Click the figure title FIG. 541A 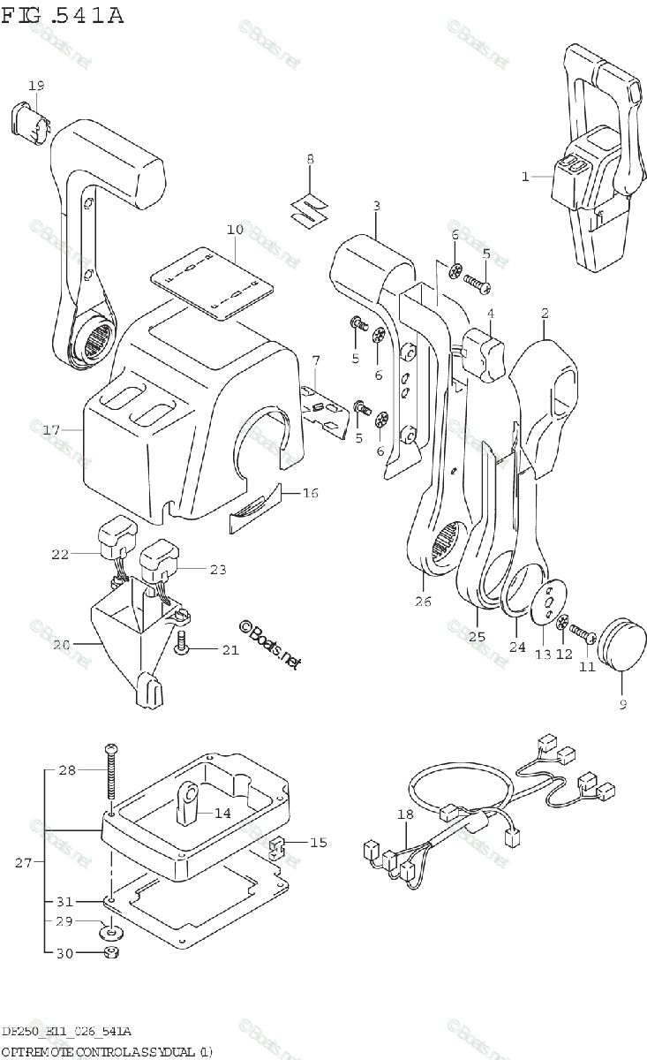coord(63,15)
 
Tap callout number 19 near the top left coord(35,86)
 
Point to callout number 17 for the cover coord(50,430)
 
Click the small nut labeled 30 coord(110,952)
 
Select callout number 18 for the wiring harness coord(404,816)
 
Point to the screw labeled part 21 coord(183,646)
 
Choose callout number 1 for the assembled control coord(524,177)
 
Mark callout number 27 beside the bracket coord(25,862)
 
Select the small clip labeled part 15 coord(275,848)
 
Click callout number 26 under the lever coord(423,602)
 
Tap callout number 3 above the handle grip coord(376,207)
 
